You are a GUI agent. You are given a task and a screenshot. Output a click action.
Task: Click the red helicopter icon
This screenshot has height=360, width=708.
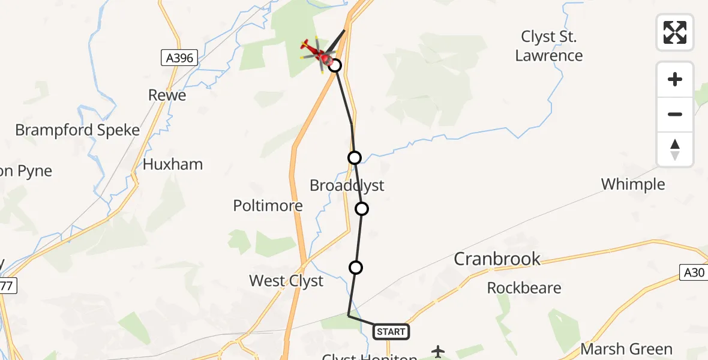pos(318,53)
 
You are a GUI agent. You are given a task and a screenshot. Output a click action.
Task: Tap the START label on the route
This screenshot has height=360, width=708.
pos(391,331)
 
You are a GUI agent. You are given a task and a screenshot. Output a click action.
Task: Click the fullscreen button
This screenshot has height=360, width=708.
pos(675,32)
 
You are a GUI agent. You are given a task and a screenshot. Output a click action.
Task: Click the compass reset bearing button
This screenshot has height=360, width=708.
pos(675,149)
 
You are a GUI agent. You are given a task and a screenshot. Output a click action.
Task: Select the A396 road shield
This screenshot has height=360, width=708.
pos(180,58)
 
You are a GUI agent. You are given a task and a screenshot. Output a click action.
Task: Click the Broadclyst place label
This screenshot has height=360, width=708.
pos(347,185)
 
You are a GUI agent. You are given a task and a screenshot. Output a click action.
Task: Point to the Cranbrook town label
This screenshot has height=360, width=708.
pos(497,259)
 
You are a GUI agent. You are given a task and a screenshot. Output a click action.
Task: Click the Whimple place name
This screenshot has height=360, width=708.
pos(633,184)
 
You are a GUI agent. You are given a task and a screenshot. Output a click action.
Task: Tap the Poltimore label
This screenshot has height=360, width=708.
pos(268,206)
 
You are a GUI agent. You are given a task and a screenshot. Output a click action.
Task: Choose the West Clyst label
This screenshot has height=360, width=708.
pos(286,281)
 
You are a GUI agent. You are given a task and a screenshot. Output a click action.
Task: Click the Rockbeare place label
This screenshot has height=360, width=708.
pos(524,288)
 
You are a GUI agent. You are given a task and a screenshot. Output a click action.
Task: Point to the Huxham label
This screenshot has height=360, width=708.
pos(173,164)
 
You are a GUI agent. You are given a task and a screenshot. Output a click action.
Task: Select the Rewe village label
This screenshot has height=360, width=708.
pos(167,95)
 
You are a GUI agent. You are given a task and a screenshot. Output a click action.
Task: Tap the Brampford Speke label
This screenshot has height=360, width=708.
pos(77,130)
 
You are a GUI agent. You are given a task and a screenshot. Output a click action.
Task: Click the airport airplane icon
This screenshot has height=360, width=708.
pos(439,350)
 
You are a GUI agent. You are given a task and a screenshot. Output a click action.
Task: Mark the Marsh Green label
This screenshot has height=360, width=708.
pos(626,349)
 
